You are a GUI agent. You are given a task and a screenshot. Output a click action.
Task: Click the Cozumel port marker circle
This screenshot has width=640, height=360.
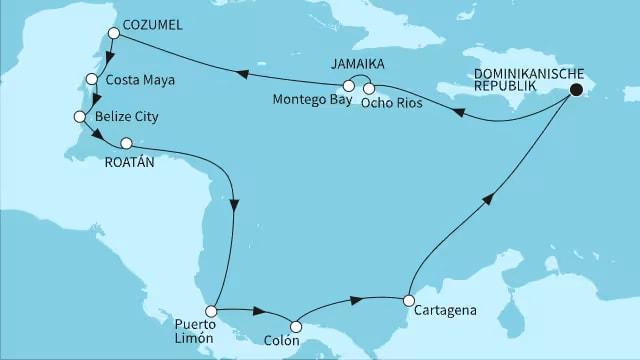(114, 33)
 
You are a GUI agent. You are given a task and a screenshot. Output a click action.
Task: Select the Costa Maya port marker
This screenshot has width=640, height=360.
(92, 79)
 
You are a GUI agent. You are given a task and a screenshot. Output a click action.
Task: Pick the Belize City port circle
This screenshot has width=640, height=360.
(80, 117)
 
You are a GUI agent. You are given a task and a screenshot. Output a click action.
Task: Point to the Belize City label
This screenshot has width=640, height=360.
(127, 117)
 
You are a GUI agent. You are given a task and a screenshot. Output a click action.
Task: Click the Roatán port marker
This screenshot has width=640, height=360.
(126, 143)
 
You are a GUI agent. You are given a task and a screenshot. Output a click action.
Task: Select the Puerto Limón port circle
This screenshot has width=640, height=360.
(211, 312)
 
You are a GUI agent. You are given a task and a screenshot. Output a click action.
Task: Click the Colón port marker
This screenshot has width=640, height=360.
(295, 325)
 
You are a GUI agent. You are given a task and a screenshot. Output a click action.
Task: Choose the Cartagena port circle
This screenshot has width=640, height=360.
(408, 300)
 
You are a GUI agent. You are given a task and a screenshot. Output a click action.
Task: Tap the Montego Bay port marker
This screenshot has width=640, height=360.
(348, 86)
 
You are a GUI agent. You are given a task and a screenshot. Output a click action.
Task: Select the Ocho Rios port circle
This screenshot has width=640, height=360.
(369, 86)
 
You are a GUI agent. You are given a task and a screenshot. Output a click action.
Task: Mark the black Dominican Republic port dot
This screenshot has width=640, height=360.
(577, 90)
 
